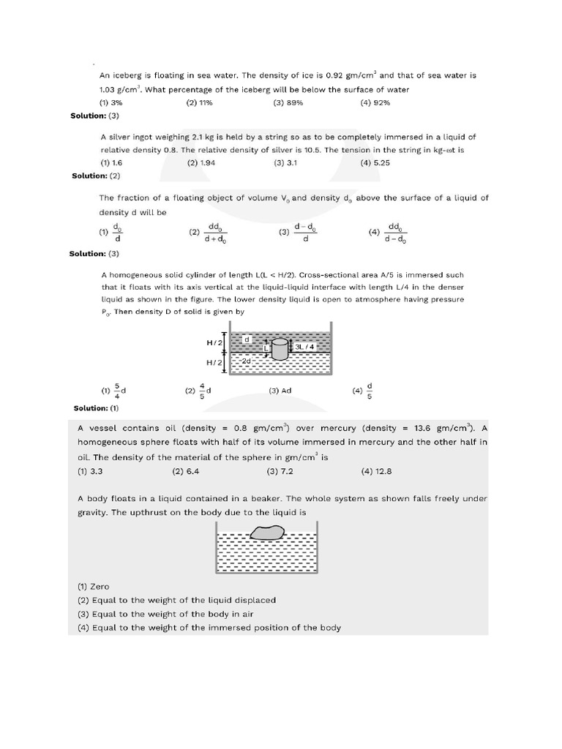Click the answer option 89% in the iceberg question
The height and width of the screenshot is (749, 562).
(x=288, y=103)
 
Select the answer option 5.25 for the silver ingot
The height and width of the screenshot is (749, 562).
(x=375, y=163)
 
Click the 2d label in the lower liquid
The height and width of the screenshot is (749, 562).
(x=247, y=361)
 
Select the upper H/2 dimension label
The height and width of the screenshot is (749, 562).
(x=215, y=342)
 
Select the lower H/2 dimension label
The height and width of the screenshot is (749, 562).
(x=215, y=362)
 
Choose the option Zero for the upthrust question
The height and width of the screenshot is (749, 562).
(x=94, y=587)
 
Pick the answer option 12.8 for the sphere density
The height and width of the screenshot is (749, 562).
(x=374, y=471)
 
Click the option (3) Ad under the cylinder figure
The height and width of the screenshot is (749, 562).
(x=280, y=391)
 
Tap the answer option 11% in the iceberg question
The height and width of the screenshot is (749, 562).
(x=200, y=103)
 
